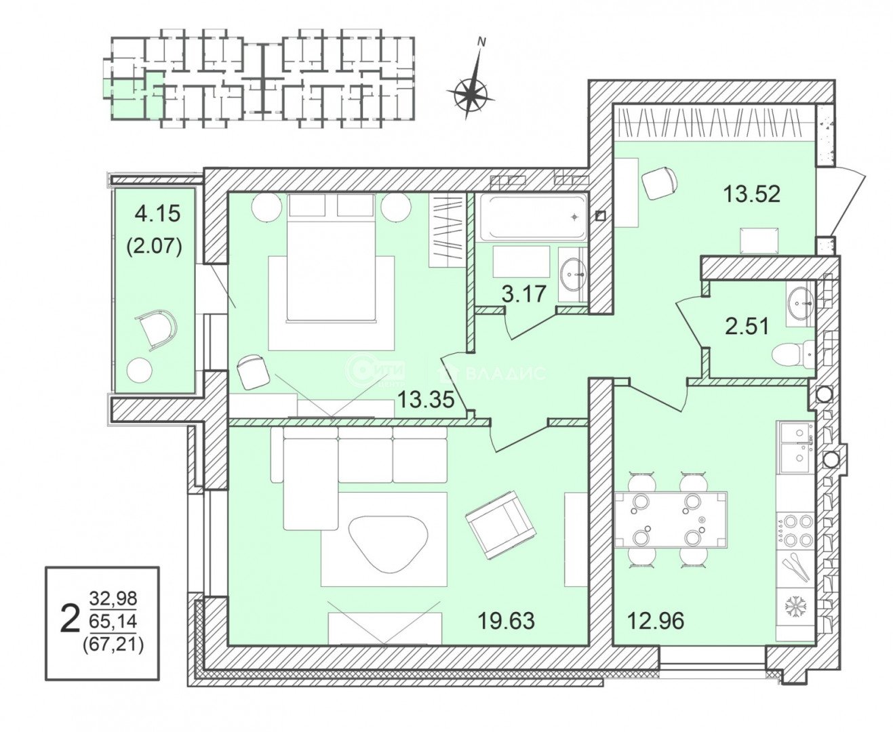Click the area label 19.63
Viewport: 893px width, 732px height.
506,621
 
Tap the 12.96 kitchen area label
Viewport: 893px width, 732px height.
656,621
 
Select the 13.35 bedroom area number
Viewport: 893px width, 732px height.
426,400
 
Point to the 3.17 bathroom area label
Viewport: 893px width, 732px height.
523,294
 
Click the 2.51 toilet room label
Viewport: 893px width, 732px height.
747,327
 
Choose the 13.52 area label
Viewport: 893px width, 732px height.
751,195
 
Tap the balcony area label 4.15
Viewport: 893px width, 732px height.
157,213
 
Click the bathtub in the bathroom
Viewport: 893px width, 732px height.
532,217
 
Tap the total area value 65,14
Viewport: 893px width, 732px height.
113,622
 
